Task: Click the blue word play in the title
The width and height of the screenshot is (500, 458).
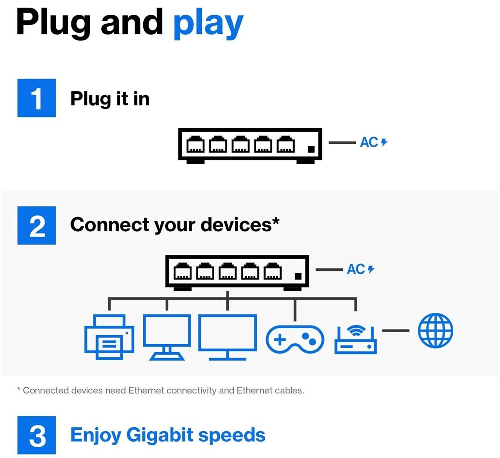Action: [x=208, y=24]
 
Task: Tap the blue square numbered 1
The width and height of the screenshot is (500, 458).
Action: [x=37, y=98]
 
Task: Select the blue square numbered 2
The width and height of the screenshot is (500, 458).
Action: [x=37, y=225]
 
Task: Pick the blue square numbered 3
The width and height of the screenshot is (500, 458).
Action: [x=37, y=435]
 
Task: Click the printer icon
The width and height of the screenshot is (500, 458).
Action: [x=109, y=337]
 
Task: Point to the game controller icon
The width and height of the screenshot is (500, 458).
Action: [x=295, y=339]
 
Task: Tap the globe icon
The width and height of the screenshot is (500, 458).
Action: [x=435, y=330]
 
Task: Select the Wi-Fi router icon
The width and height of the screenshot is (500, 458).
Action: [x=355, y=339]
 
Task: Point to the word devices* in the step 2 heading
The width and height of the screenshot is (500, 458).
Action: [x=240, y=225]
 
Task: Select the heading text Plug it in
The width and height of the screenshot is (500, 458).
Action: [x=110, y=99]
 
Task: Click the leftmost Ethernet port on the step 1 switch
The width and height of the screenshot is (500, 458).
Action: [x=196, y=144]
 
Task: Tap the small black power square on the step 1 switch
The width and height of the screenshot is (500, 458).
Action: [x=311, y=149]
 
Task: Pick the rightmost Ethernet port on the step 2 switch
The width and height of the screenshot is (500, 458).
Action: [x=273, y=271]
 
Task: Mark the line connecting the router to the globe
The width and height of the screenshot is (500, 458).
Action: [x=396, y=331]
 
